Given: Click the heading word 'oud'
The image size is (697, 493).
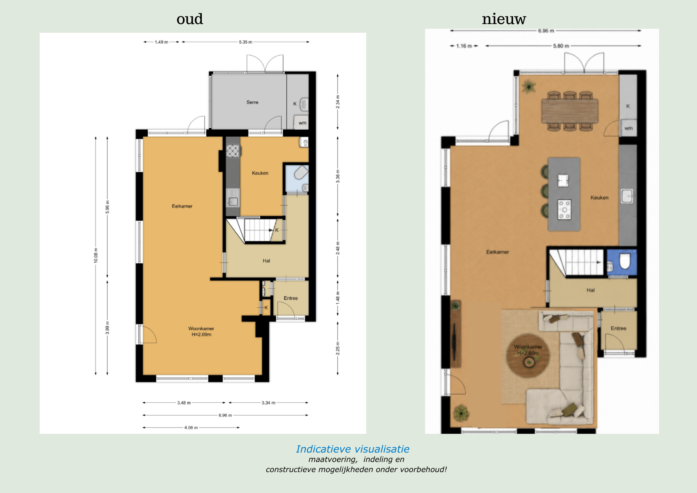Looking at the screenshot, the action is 190,19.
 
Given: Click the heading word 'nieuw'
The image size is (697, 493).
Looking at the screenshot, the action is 504,19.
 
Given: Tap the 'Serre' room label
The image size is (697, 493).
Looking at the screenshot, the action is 252,102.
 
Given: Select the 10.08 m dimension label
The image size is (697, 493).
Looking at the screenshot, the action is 96,255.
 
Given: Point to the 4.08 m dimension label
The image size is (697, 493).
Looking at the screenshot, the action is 191,427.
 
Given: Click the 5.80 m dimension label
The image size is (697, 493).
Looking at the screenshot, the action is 561,46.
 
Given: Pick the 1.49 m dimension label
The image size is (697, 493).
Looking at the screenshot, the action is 161,42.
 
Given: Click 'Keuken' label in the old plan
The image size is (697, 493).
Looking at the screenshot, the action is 260,173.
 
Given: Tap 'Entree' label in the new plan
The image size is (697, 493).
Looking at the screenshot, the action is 618,328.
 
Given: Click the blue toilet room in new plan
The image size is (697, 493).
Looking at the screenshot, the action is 622,262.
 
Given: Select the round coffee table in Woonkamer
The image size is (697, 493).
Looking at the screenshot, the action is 528,356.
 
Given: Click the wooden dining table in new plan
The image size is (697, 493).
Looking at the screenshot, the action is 570,111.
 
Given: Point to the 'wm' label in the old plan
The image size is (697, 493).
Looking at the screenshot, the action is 302,123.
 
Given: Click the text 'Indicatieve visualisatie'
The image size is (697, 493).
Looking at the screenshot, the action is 353,449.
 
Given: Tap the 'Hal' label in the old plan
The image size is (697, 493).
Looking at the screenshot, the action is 266,261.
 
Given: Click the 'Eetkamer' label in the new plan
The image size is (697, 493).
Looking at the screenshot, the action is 497,252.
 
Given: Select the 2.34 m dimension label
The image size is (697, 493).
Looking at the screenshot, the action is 338,102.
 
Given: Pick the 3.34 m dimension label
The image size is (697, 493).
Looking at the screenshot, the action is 268,403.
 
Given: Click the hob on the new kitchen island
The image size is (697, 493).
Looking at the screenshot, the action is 564,210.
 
